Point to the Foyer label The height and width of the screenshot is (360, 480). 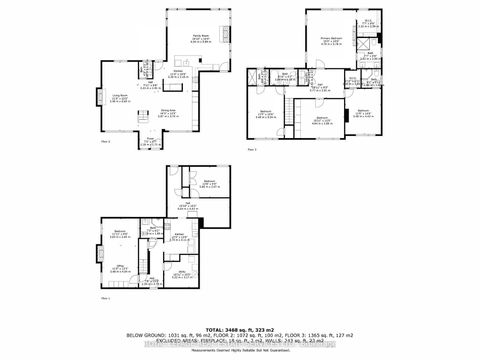click(152, 141)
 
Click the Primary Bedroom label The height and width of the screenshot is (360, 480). click(332, 40)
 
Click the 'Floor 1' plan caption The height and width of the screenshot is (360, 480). click(103, 298)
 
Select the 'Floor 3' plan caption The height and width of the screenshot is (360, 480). click(252, 148)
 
